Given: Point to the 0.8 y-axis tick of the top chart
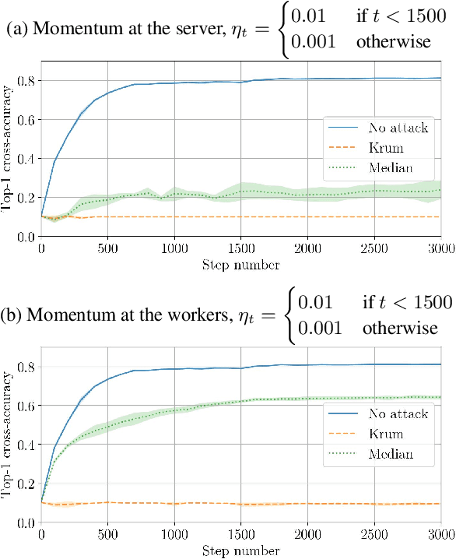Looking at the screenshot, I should (x=26, y=81).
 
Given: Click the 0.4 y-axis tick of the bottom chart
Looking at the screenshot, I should (x=26, y=445).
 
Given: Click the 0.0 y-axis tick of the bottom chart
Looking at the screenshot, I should (x=26, y=523).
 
